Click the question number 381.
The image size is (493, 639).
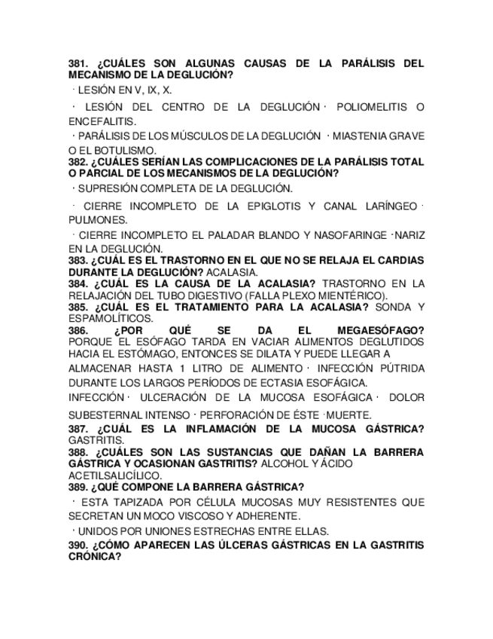click(79, 64)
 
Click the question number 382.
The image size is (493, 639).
click(79, 162)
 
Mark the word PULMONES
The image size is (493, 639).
click(98, 220)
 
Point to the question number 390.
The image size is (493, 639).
click(79, 545)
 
